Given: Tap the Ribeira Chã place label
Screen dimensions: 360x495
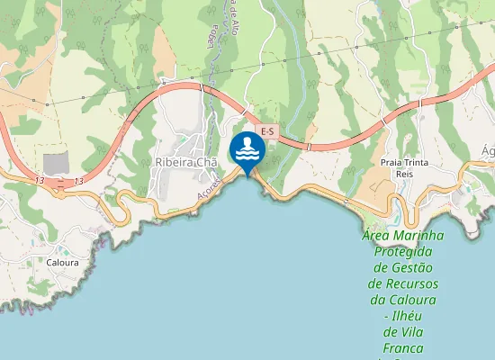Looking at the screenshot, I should [x=187, y=162].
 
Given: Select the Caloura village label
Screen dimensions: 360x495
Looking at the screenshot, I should [x=63, y=263].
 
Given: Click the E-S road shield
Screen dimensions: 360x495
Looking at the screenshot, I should [x=266, y=132].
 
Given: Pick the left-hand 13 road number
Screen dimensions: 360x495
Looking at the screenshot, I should [x=39, y=181].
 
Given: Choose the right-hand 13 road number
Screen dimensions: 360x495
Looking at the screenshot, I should [x=79, y=181].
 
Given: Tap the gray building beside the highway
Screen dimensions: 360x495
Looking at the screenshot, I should [x=56, y=164].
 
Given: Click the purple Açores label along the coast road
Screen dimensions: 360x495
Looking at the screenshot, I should [x=208, y=186].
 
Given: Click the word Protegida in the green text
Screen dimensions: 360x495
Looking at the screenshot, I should [x=404, y=252].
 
